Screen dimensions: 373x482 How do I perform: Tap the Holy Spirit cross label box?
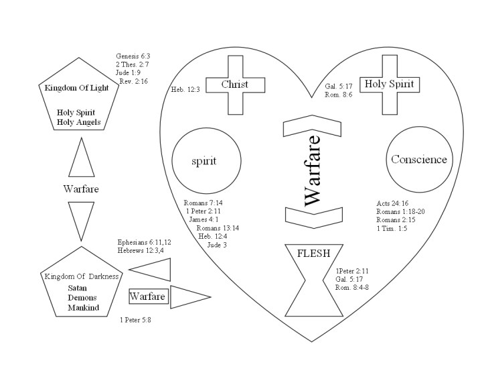click(x=390, y=84)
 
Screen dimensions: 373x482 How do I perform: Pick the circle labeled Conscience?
click(x=418, y=159)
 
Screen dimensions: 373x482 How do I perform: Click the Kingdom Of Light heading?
click(x=79, y=88)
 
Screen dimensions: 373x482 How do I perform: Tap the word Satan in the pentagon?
click(x=78, y=288)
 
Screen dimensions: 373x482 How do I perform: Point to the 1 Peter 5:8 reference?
click(x=135, y=321)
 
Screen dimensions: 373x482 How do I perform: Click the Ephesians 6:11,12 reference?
click(x=145, y=242)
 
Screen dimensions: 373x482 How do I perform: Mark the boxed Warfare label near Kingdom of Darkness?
click(x=148, y=295)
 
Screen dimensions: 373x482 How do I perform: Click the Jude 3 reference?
click(x=217, y=245)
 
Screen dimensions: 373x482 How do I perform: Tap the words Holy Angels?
click(x=79, y=122)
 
